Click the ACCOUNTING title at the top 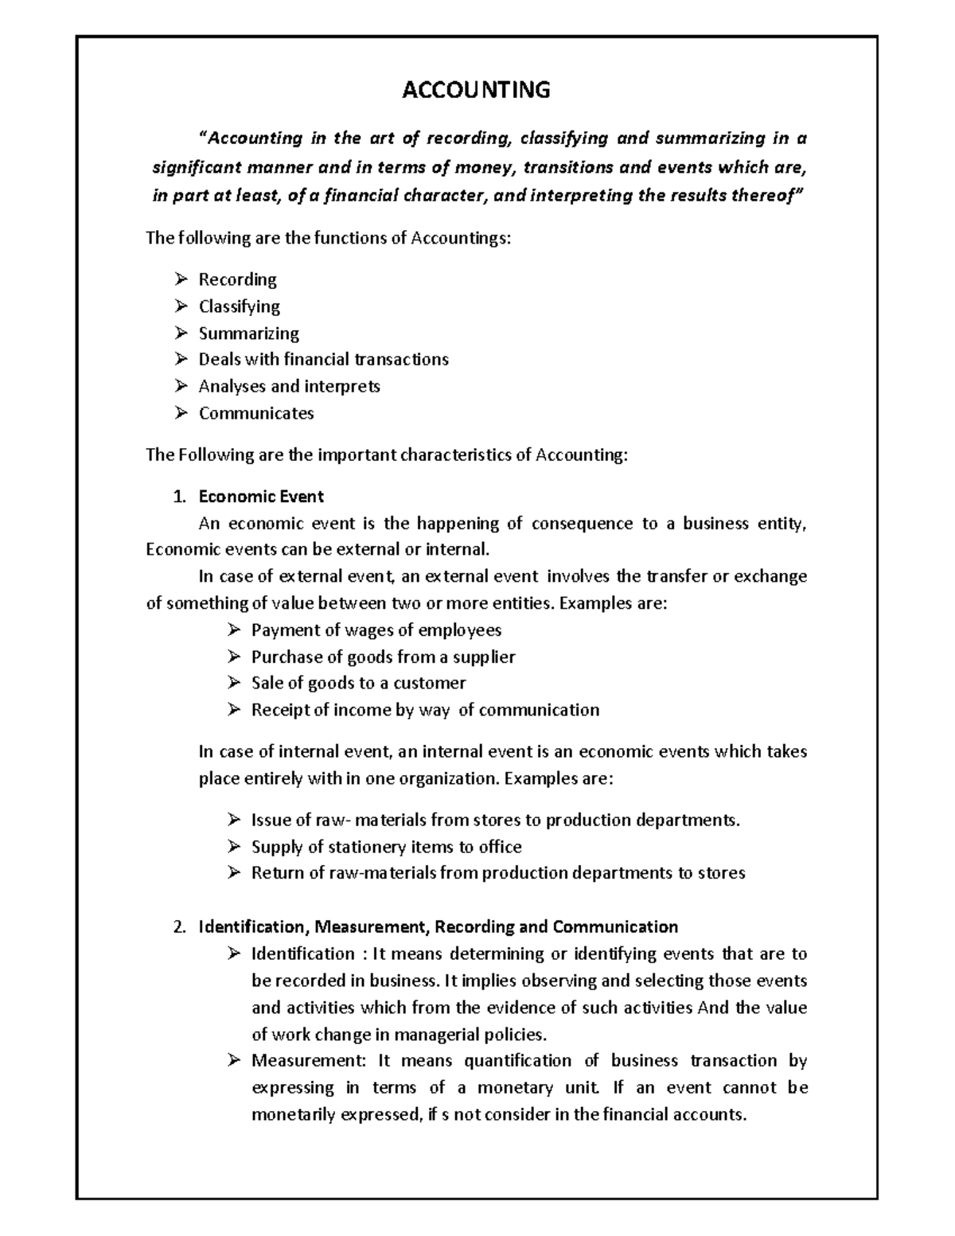click(x=476, y=90)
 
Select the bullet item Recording click(x=237, y=279)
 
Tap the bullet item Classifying click(x=239, y=306)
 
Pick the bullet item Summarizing click(x=248, y=333)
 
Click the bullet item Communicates click(x=255, y=413)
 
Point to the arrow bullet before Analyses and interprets click(x=181, y=386)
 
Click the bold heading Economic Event click(x=260, y=497)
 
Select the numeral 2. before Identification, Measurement click(x=179, y=926)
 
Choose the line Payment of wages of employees click(x=376, y=630)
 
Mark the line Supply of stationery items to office click(x=386, y=847)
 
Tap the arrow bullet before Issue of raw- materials click(x=233, y=820)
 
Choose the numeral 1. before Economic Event click(x=179, y=497)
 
